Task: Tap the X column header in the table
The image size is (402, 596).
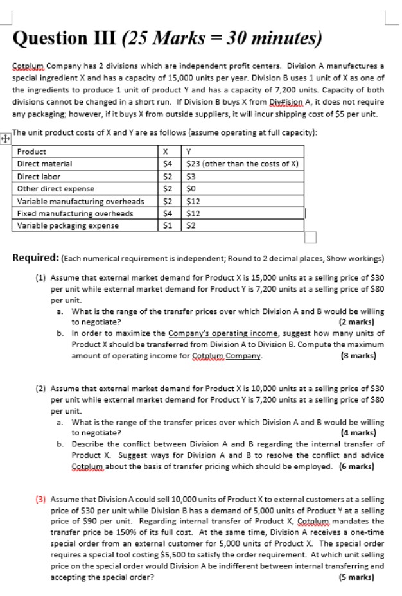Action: click(166, 152)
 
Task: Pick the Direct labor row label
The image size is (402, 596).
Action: click(39, 177)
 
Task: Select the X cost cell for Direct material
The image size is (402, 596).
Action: click(166, 164)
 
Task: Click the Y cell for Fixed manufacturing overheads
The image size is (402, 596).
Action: click(192, 213)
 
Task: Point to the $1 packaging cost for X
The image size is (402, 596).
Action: click(166, 225)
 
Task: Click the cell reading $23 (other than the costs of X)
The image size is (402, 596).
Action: click(237, 164)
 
